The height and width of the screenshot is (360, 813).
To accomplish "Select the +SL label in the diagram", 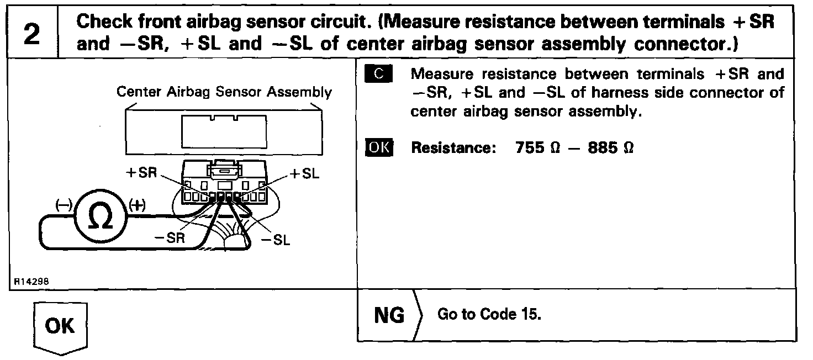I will tap(303, 173).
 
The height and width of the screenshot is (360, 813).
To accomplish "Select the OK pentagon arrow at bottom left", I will tap(61, 326).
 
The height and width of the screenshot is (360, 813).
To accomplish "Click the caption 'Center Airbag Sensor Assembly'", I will tap(224, 92).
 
